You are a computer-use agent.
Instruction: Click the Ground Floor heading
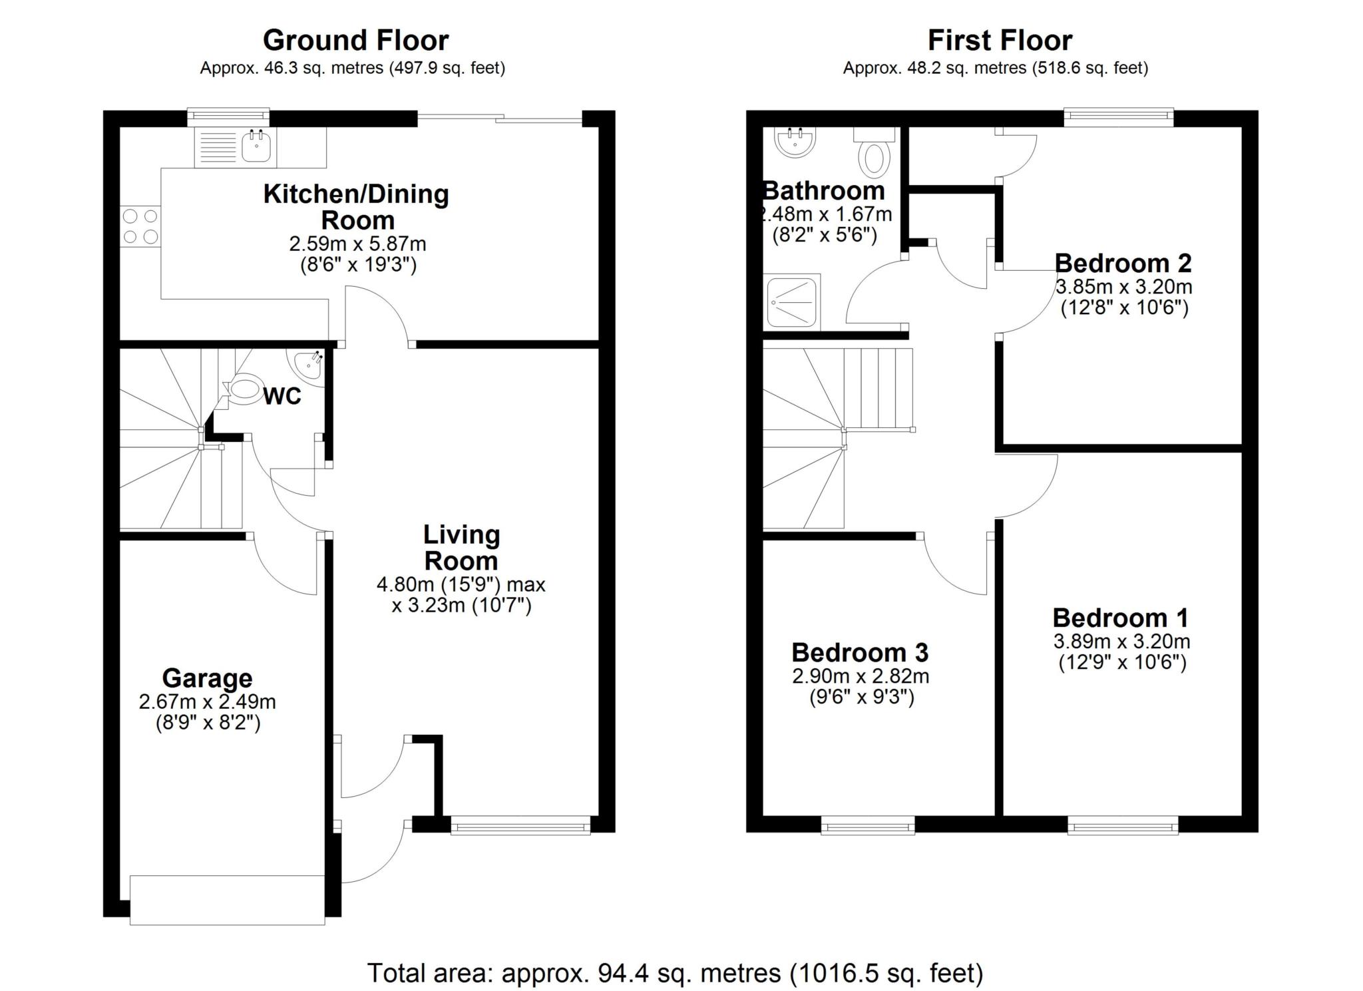[x=355, y=41]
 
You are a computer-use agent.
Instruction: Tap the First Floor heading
[x=1000, y=41]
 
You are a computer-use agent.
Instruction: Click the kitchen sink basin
[x=256, y=146]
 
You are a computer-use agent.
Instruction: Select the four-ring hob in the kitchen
[x=141, y=226]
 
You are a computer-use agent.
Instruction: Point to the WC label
[x=282, y=396]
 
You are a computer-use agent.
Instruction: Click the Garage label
[x=207, y=678]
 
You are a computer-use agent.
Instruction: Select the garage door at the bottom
[x=227, y=900]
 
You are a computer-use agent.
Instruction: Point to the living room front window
[x=520, y=825]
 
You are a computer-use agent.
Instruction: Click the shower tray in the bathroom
[x=792, y=303]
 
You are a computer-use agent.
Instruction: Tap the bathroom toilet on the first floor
[x=875, y=154]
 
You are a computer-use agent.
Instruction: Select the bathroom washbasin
[x=795, y=142]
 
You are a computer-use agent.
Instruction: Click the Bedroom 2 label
[x=1123, y=264]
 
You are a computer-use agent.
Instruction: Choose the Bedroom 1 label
[x=1120, y=618]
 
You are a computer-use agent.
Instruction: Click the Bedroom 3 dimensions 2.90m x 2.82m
[x=861, y=676]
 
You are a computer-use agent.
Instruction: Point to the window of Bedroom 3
[x=868, y=825]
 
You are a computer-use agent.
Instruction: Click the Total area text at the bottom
[x=675, y=972]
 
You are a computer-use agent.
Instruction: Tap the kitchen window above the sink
[x=228, y=117]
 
